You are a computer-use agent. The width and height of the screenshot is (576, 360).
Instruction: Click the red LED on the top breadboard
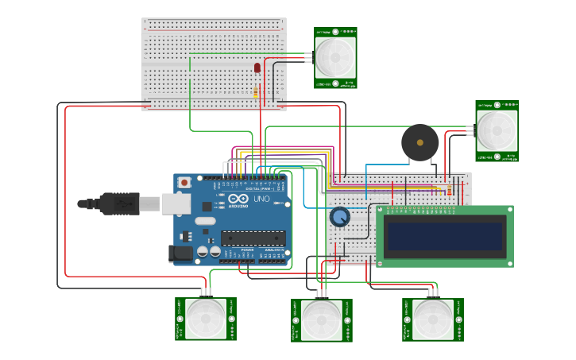tap(257, 68)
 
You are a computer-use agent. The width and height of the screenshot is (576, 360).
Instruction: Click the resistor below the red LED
tap(256, 92)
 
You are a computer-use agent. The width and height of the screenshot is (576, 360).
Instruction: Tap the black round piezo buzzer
tap(419, 142)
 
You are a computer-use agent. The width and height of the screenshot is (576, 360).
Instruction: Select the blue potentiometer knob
tap(340, 217)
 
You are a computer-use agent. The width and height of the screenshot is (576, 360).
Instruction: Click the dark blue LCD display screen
tap(444, 236)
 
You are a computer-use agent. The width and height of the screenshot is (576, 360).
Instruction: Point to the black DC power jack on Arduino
tap(182, 254)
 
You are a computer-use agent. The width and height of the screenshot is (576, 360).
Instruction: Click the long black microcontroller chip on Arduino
tap(253, 237)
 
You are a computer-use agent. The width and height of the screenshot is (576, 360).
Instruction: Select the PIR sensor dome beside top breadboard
tap(334, 56)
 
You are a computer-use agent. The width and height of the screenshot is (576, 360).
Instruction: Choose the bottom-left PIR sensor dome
tap(205, 319)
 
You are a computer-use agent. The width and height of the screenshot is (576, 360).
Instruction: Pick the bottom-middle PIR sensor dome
tap(322, 320)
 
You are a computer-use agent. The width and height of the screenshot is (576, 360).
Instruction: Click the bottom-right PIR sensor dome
tap(433, 319)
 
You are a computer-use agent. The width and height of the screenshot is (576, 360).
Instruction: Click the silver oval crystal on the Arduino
tap(204, 222)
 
